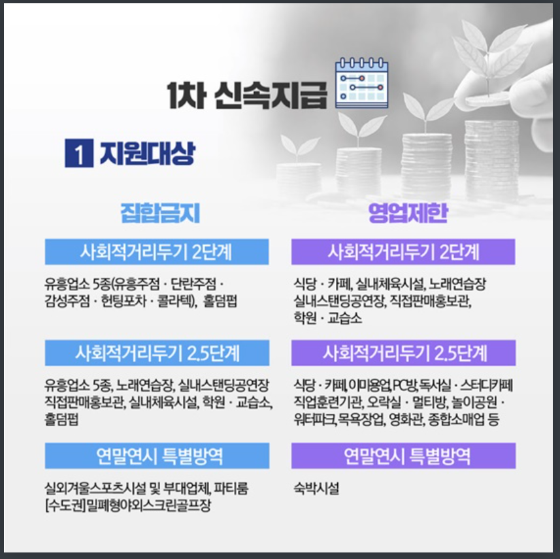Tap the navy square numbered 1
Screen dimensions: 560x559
(x=78, y=154)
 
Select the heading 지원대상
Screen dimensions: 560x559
(x=146, y=154)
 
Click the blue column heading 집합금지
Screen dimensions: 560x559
(x=160, y=214)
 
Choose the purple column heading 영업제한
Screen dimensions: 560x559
(x=403, y=214)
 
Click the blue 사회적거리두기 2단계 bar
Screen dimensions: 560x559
(x=157, y=252)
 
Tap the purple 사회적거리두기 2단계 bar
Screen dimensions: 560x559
(x=403, y=252)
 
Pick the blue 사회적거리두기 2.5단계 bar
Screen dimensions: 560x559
(x=157, y=353)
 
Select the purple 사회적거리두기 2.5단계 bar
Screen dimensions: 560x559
(x=403, y=353)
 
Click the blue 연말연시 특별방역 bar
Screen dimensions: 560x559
(x=157, y=456)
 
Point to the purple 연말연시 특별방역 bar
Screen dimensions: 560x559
(x=403, y=456)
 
